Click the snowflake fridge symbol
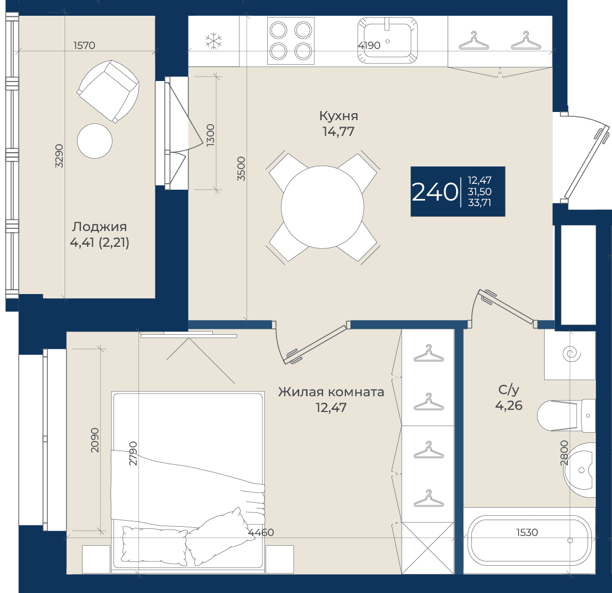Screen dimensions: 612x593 213,41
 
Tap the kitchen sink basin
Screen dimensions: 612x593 388,40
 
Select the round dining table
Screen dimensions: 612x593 323,207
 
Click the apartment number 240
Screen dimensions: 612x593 435,192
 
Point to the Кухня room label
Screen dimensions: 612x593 338,116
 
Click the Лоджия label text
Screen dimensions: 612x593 99,227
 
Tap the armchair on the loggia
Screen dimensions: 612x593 108,91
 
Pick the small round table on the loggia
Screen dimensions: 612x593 95,141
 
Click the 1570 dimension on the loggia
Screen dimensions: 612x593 84,45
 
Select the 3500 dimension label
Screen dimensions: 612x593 242,168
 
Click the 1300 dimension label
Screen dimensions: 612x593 210,135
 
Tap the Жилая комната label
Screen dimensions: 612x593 331,392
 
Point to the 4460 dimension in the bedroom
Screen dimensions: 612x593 261,532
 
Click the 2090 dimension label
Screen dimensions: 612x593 95,440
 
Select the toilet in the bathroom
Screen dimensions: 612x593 566,416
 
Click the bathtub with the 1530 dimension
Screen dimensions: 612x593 529,541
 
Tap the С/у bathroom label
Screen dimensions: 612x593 509,390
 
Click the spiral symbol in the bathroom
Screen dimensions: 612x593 571,354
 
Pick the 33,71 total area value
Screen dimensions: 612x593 479,203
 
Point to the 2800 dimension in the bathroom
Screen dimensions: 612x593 564,453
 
